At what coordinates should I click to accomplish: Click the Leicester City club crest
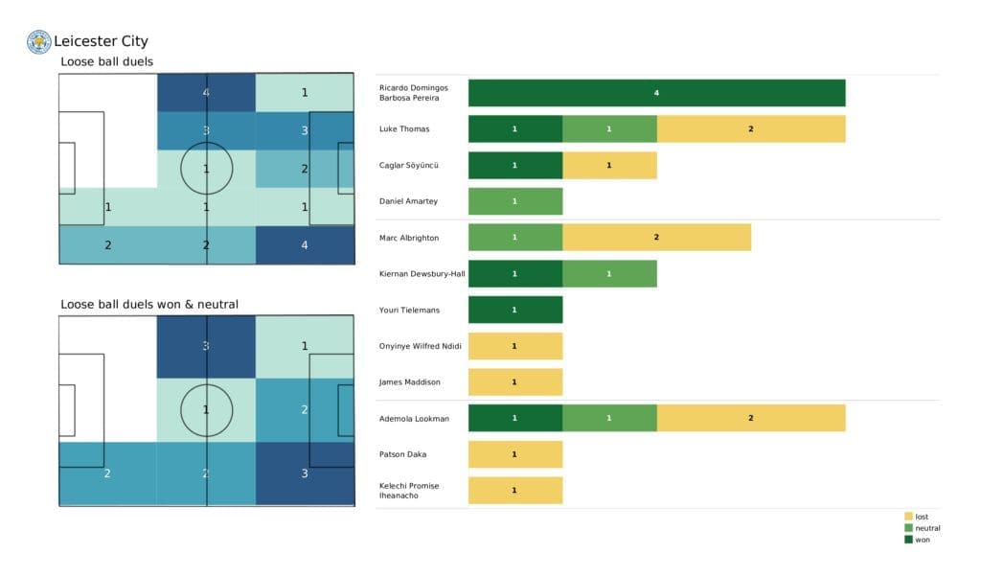point(39,41)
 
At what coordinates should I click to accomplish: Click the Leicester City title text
point(101,41)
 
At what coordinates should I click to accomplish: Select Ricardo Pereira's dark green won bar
point(656,93)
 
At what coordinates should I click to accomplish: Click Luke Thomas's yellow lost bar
point(751,128)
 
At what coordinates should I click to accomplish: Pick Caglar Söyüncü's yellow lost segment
point(609,165)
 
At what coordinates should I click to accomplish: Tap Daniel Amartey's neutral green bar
point(515,201)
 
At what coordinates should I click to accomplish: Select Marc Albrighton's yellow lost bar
point(656,237)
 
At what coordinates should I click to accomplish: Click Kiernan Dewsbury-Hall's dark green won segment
point(515,273)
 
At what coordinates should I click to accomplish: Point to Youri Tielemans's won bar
point(515,310)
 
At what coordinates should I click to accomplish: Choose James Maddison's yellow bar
point(515,381)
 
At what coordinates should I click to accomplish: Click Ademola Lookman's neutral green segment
point(609,418)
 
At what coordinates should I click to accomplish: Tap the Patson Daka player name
point(402,454)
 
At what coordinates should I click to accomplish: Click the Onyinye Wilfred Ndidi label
point(418,346)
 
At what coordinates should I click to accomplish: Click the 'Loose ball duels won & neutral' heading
point(149,305)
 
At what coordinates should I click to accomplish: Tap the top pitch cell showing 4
point(206,93)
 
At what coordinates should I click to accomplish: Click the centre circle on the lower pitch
point(206,410)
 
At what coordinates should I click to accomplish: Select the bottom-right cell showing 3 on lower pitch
point(305,473)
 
